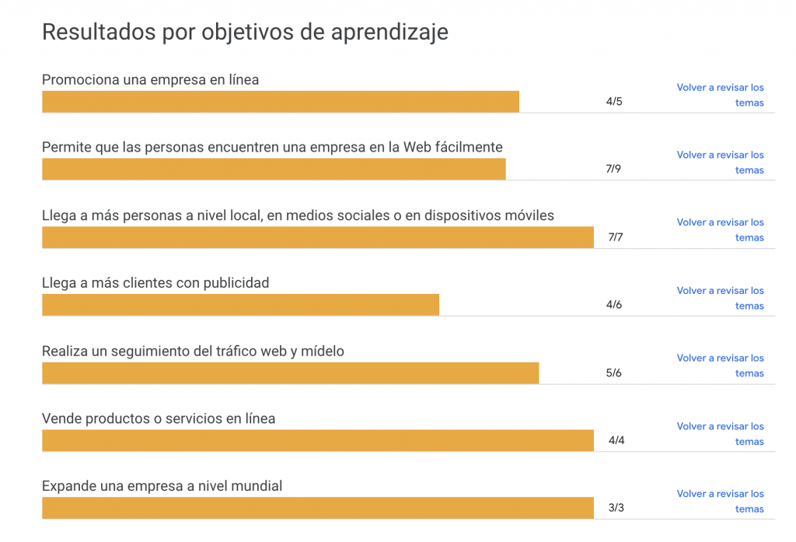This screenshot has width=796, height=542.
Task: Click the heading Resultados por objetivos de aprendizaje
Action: point(244,32)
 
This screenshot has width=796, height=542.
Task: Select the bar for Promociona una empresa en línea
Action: point(280,102)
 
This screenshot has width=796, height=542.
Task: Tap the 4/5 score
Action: point(614,102)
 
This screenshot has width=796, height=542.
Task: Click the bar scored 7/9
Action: point(274,170)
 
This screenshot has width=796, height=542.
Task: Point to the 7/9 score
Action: point(613,170)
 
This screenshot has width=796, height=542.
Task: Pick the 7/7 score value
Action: point(615,237)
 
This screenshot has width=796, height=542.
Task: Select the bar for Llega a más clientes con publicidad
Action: point(240,305)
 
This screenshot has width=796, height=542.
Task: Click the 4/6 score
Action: point(614,305)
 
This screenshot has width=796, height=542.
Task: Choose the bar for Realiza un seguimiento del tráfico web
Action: point(290,373)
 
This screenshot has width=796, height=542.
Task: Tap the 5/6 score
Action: point(613,373)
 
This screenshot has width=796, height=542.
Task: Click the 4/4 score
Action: point(616,441)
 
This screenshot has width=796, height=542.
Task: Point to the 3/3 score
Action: point(616,509)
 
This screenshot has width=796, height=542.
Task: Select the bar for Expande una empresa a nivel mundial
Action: point(317,509)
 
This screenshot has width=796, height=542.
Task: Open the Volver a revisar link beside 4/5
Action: point(720,95)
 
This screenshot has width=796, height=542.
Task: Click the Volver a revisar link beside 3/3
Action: point(720,502)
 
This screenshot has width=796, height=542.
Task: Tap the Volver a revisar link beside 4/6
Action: point(720,298)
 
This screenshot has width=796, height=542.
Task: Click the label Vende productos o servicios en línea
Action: point(159,418)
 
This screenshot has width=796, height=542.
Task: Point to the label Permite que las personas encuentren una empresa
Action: point(272,147)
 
